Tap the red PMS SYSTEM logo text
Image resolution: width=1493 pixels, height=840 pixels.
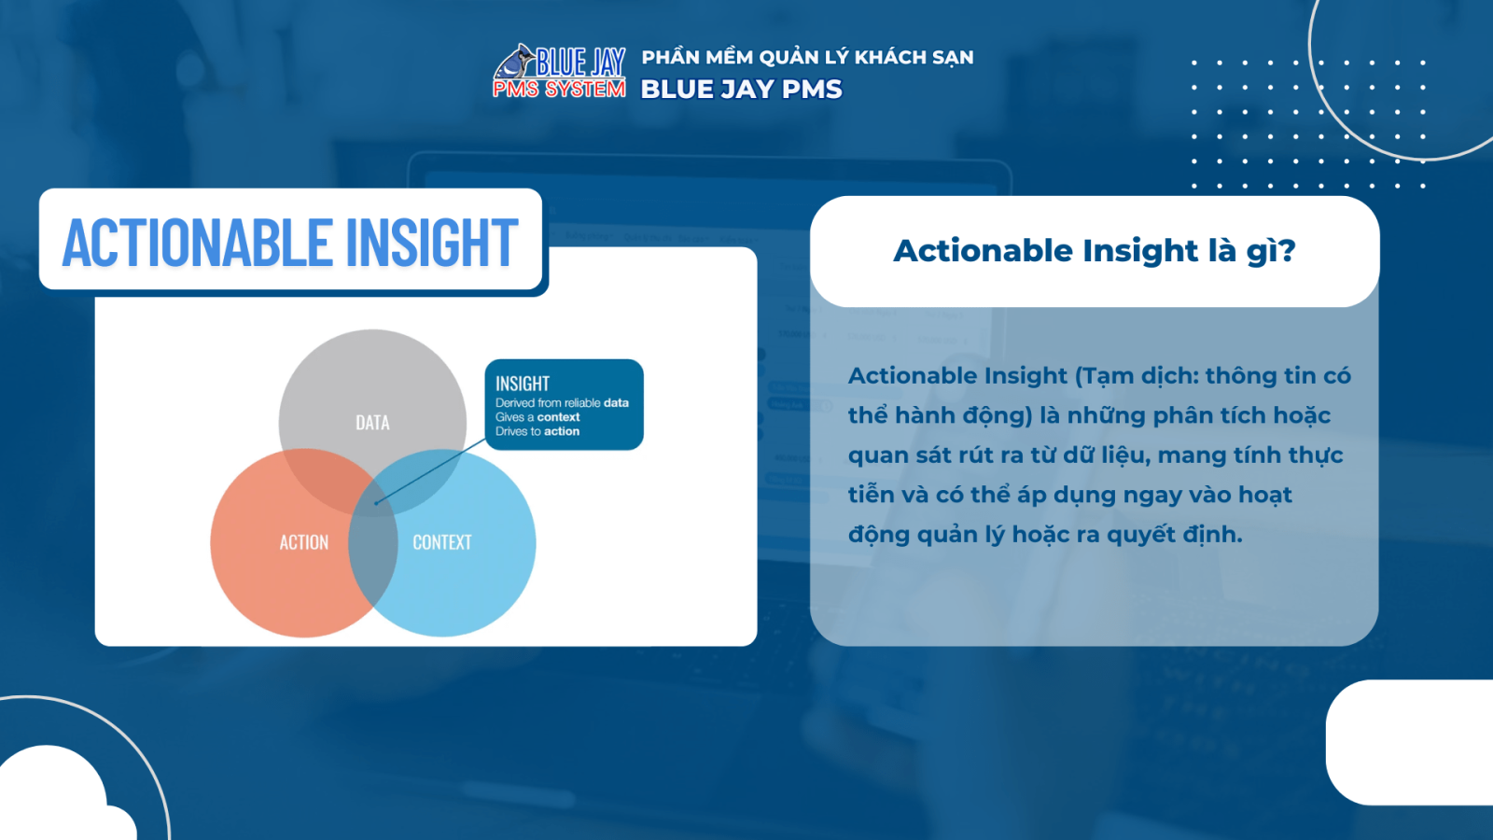tap(559, 89)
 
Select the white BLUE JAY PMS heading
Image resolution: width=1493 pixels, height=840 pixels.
tap(741, 90)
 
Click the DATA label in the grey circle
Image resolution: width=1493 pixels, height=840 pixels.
tap(372, 423)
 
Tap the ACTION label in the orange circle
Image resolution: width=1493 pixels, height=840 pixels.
tap(303, 542)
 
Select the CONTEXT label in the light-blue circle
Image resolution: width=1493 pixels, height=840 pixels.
tap(441, 542)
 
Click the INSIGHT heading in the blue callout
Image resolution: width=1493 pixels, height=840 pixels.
tap(522, 384)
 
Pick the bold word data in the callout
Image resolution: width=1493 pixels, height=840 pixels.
tap(616, 403)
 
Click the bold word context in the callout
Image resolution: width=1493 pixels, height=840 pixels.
tap(558, 417)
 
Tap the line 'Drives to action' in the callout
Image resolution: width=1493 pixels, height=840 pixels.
tap(537, 431)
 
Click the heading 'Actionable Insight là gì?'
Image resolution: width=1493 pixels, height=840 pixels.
tap(1094, 250)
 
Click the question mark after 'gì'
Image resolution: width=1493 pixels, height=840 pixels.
tap(1288, 250)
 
